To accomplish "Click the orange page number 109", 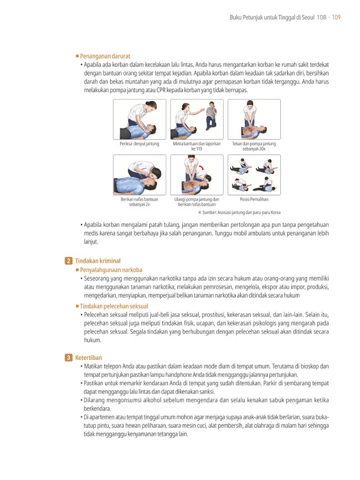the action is coord(336,17).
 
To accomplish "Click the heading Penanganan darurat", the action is coord(105,56).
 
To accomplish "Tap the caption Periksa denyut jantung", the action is coord(139,144).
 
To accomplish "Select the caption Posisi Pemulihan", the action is coord(254,199).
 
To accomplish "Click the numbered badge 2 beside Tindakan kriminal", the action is coord(68,261).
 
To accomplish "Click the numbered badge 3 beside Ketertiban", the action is coord(68,358).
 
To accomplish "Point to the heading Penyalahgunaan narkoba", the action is coord(111,270).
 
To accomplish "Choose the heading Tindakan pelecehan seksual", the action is coord(114,306).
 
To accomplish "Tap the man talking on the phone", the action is coord(211,115).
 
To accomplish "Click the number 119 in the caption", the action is coord(199,149).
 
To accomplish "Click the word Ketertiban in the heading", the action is coord(88,358).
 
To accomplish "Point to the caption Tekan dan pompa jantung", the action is coord(254,144).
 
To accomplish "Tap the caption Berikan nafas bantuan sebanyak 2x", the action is coord(139,202).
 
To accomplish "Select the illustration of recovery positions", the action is coord(254,175).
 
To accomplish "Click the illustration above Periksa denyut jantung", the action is coord(139,119).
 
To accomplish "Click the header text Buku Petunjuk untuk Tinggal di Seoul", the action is coord(272,17).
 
